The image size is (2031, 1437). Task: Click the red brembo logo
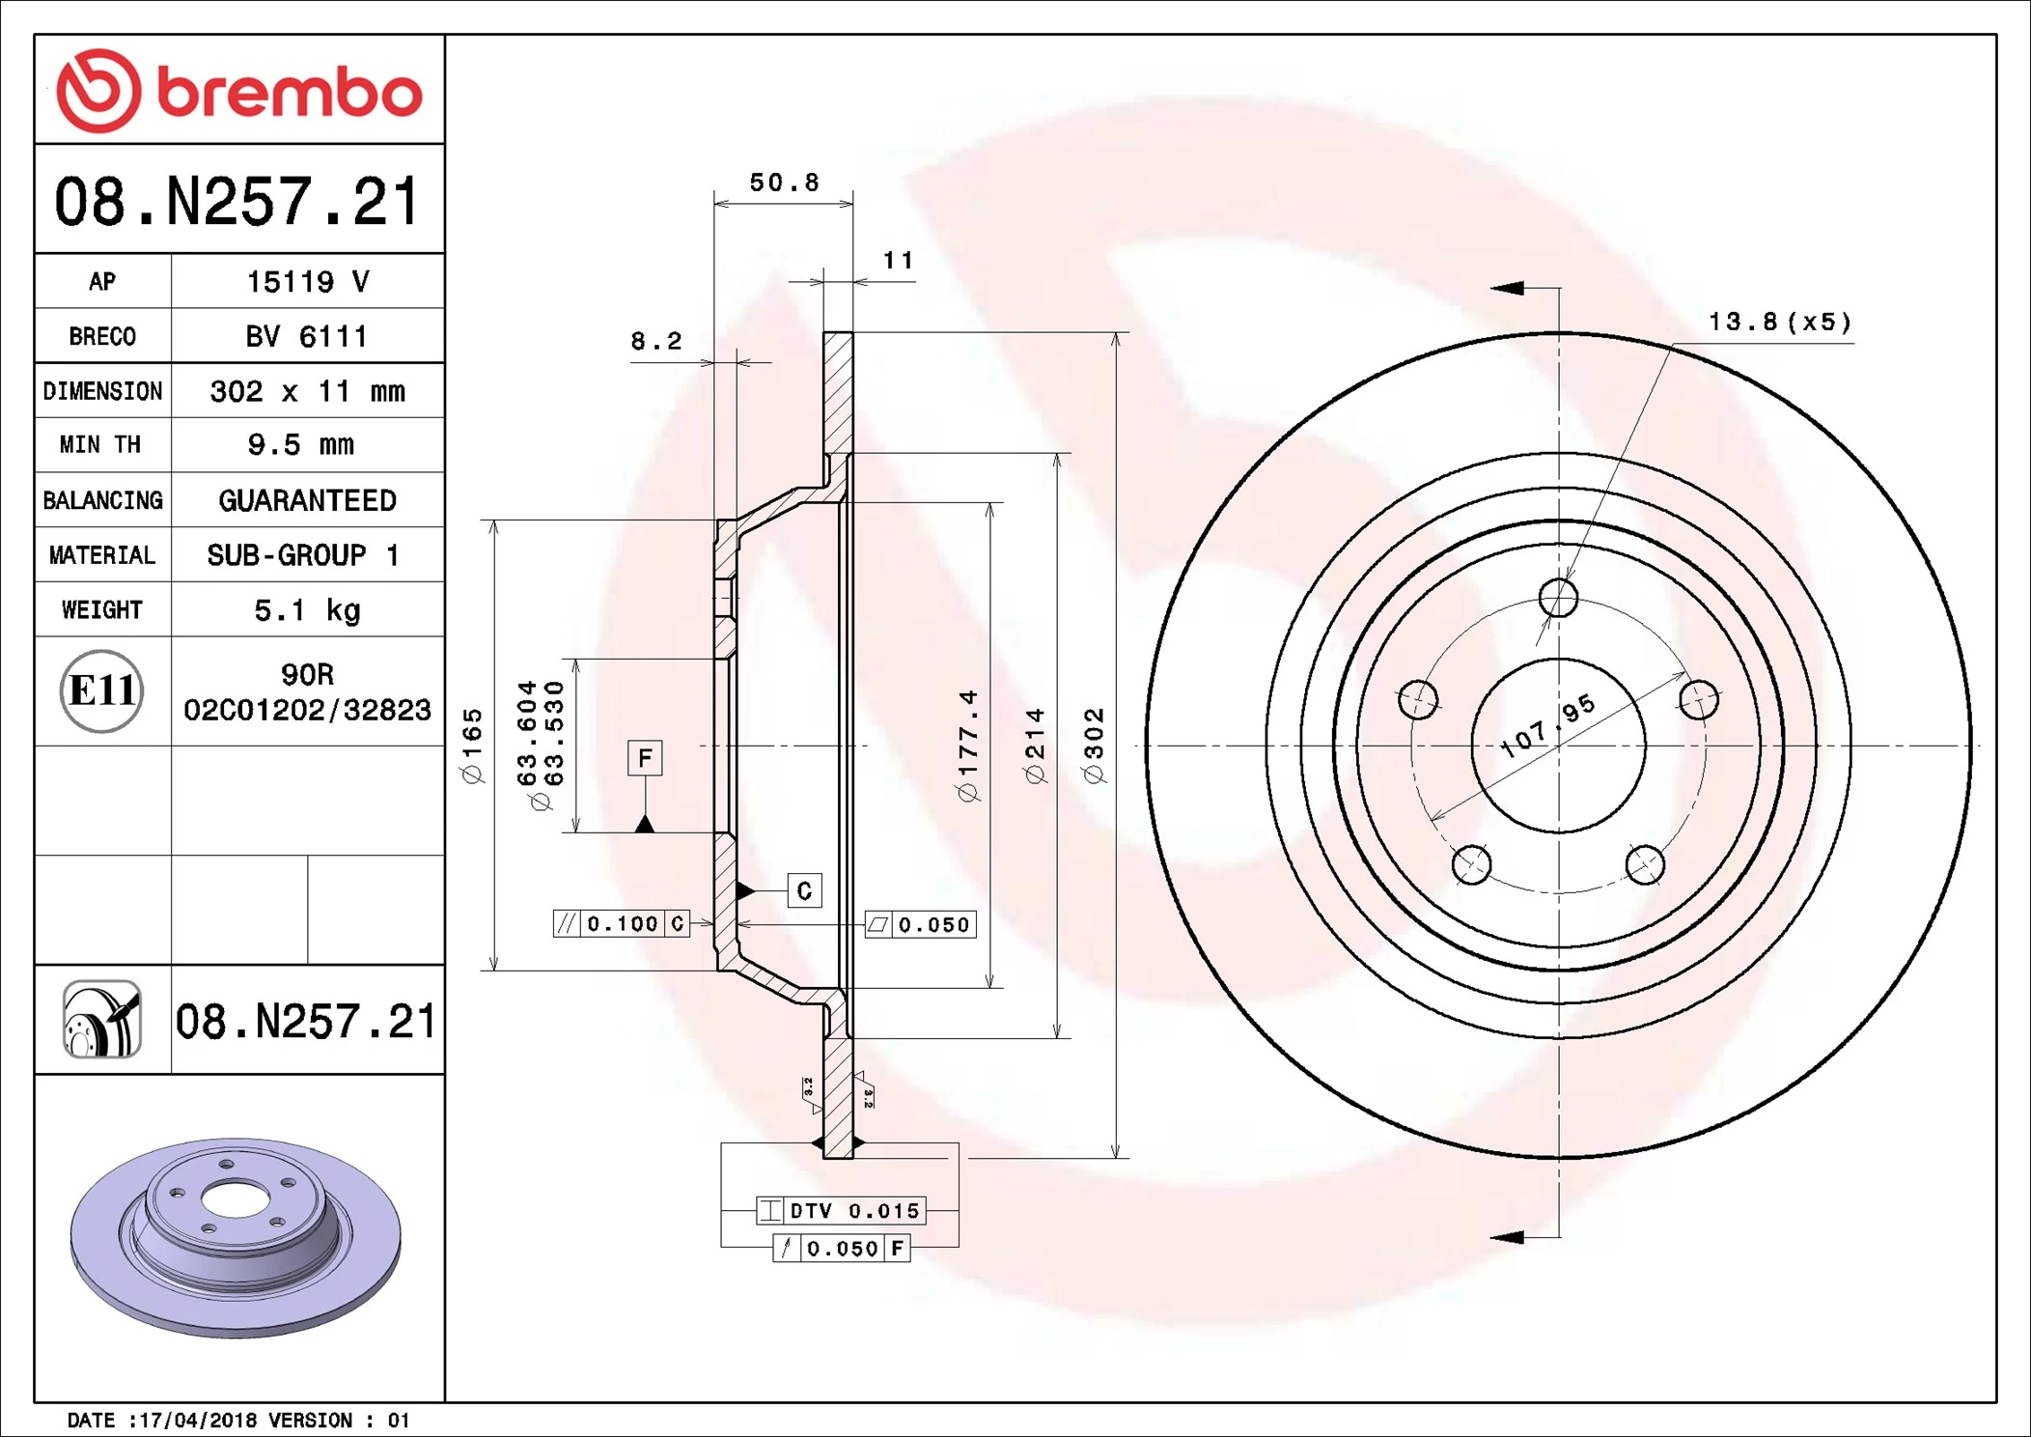(238, 91)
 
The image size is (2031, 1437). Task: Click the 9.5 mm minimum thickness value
(301, 444)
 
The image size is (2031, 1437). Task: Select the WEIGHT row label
(102, 609)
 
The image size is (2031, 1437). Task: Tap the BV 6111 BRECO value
(306, 336)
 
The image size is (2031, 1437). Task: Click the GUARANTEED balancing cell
(307, 500)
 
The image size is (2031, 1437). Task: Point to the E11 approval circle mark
(102, 690)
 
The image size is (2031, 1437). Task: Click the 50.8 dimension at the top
(784, 183)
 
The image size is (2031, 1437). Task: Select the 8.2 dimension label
(656, 341)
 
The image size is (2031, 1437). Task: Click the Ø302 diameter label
(1094, 745)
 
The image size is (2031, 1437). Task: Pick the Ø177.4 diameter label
(968, 745)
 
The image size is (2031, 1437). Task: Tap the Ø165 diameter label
(472, 745)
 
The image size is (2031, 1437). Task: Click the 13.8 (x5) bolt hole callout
(1779, 322)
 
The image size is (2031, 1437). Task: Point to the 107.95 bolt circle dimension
(1547, 726)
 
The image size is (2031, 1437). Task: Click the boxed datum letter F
(645, 758)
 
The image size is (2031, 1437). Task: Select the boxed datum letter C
(804, 890)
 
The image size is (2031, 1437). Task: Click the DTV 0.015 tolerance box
(841, 1210)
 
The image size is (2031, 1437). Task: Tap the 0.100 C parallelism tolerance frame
(622, 924)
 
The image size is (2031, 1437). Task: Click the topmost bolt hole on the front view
(1558, 598)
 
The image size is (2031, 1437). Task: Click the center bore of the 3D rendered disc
(235, 1201)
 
